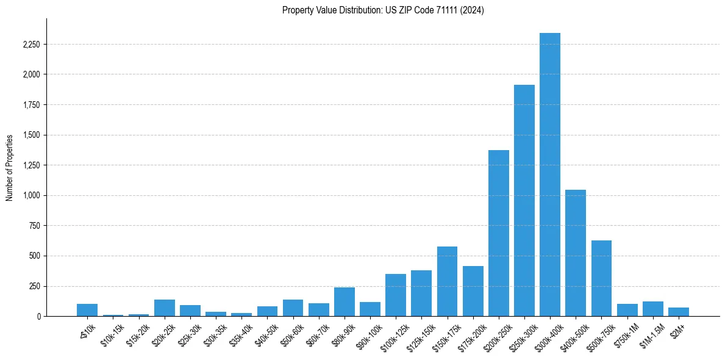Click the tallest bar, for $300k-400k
pos(549,175)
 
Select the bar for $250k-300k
pos(524,200)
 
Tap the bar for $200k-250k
pos(498,233)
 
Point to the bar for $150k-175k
pos(447,281)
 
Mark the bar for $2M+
pos(678,312)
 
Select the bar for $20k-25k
pos(164,308)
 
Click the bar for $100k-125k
pos(395,295)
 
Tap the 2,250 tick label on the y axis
pos(31,45)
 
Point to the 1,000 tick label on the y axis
pos(31,196)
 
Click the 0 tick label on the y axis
pos(38,317)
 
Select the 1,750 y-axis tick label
pos(31,105)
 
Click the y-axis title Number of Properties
pos(9,168)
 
